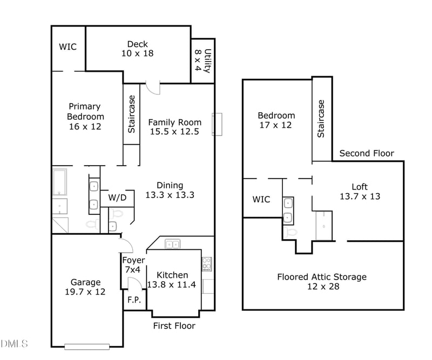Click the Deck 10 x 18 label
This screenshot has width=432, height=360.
[137, 49]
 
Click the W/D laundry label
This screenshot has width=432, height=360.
[117, 198]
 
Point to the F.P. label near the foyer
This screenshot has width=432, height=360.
[133, 301]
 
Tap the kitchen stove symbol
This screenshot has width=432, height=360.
[207, 264]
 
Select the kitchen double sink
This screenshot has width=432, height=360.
[173, 244]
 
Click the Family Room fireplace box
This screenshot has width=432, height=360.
[218, 124]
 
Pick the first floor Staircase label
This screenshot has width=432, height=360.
[131, 114]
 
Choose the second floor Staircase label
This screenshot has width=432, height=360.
[321, 118]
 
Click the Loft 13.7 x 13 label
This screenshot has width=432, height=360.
[359, 192]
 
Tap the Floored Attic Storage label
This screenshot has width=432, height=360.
[322, 281]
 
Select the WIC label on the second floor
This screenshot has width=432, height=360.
[261, 200]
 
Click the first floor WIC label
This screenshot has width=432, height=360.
[67, 47]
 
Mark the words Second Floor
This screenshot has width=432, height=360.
[367, 153]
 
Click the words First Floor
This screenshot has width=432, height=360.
[174, 326]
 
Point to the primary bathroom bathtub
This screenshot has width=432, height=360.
[59, 183]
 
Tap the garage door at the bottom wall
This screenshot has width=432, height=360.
[86, 346]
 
